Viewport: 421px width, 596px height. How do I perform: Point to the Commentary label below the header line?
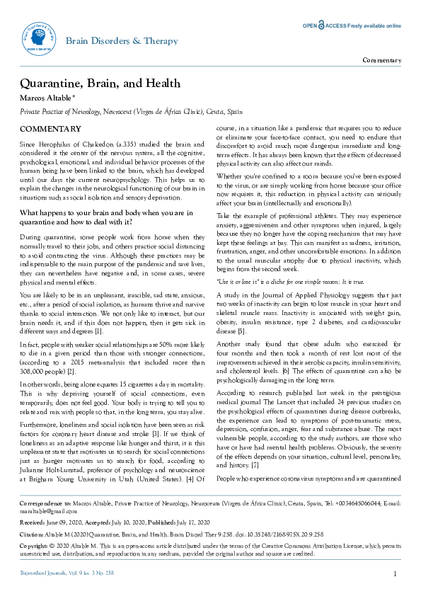pos(381,60)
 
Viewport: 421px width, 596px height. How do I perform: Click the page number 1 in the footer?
pos(395,573)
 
